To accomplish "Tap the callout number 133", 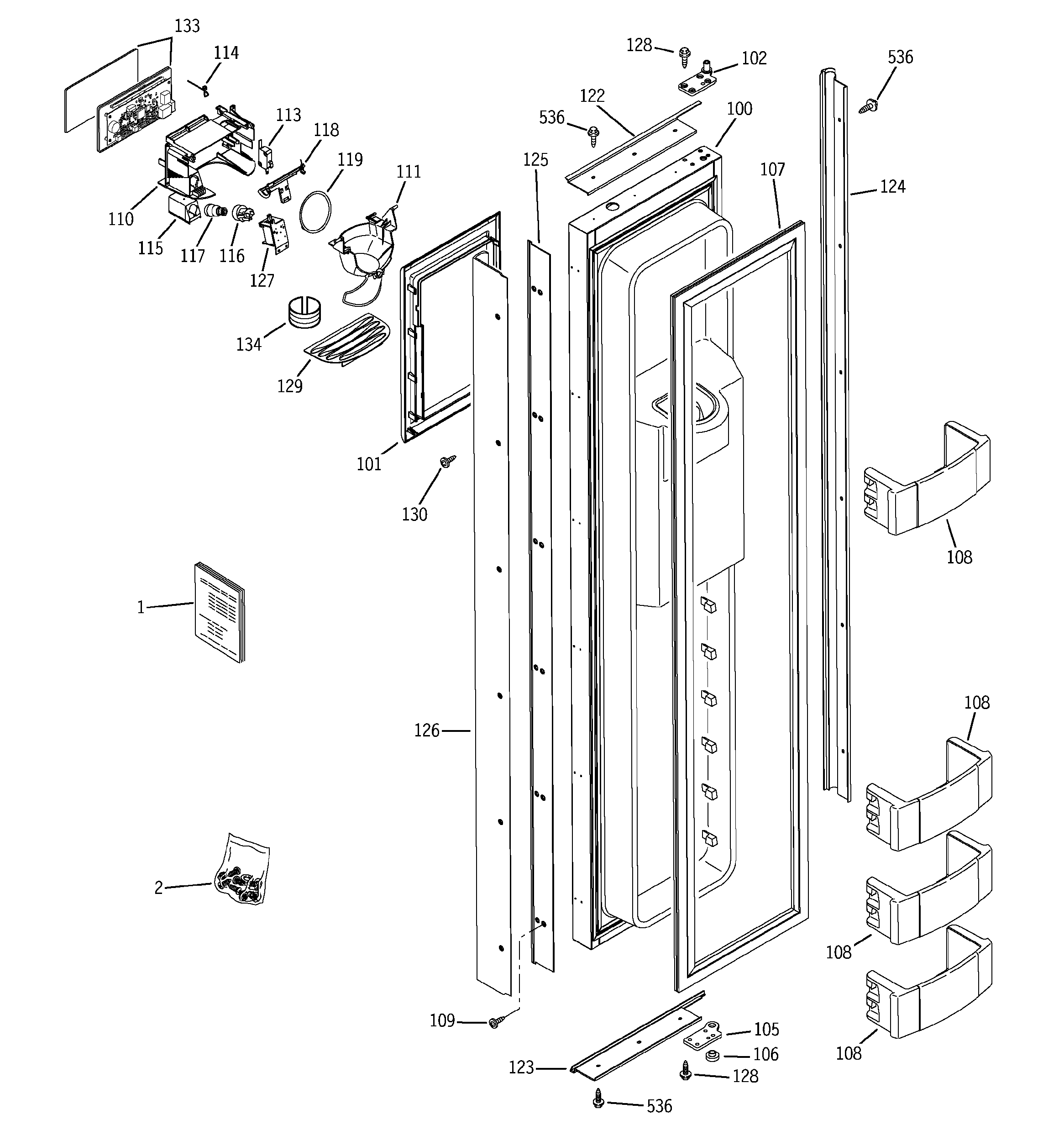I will pyautogui.click(x=187, y=26).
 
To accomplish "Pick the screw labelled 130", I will pyautogui.click(x=447, y=462).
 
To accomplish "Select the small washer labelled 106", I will pyautogui.click(x=711, y=1056).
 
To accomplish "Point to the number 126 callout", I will pyautogui.click(x=426, y=731).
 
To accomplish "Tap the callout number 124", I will pyautogui.click(x=892, y=186).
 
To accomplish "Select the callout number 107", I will pyautogui.click(x=772, y=169).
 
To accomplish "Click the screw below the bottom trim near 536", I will pyautogui.click(x=598, y=1098).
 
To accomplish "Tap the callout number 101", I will pyautogui.click(x=368, y=464).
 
